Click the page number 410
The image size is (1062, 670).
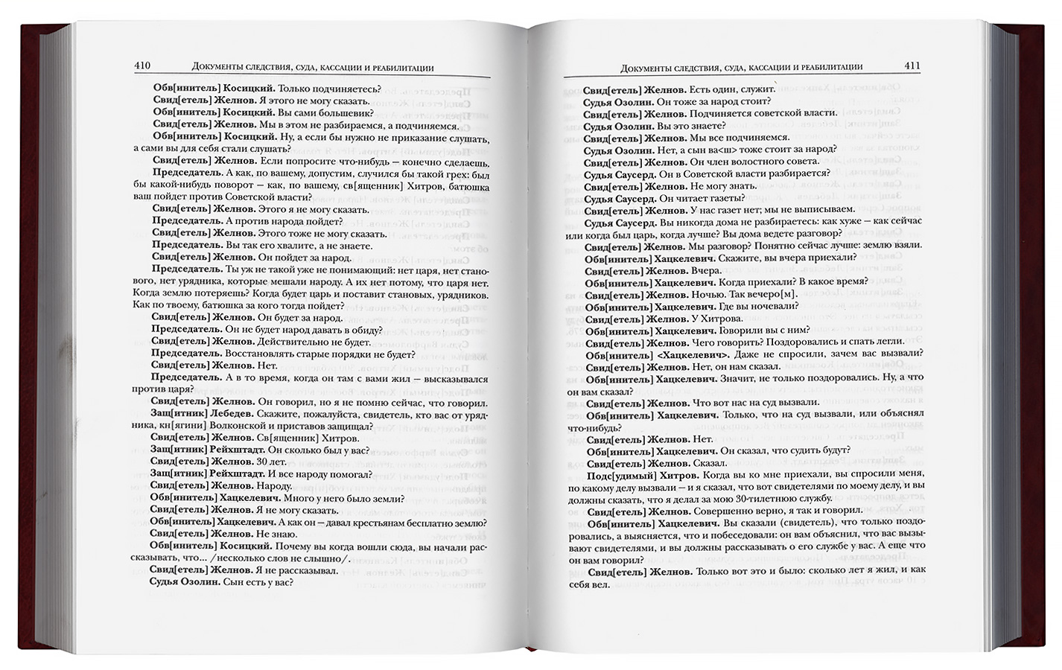(x=142, y=66)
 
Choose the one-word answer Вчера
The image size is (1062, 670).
(x=706, y=270)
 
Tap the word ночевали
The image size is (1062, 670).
(x=774, y=307)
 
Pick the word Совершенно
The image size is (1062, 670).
(x=725, y=511)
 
